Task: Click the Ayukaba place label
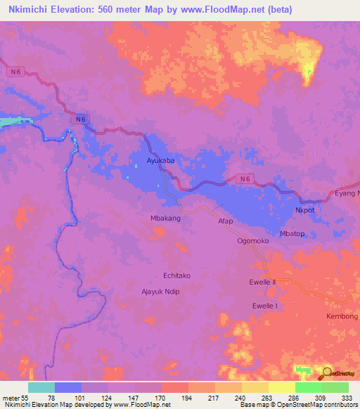(x=160, y=161)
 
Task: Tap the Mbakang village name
(x=166, y=219)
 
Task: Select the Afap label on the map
(x=225, y=221)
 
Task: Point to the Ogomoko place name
(x=253, y=240)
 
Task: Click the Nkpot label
(x=304, y=210)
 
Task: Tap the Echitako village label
(x=177, y=276)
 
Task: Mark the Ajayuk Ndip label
(x=162, y=290)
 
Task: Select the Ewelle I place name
(x=265, y=306)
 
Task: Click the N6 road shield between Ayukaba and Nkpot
(x=244, y=179)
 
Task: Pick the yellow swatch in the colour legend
(x=281, y=387)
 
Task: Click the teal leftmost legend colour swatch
(x=41, y=387)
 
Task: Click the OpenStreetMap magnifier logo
(x=328, y=372)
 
